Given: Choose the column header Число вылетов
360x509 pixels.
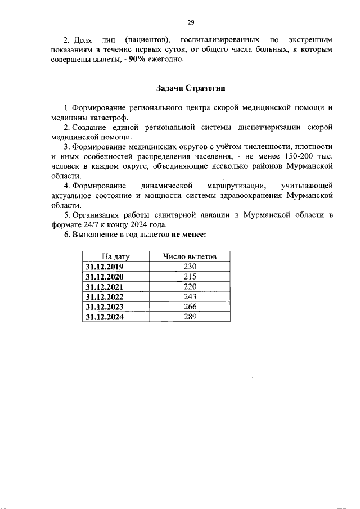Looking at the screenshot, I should click(x=189, y=257).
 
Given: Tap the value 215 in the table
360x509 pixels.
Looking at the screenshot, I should click(x=190, y=277).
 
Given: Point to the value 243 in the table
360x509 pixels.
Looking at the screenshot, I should click(x=190, y=296).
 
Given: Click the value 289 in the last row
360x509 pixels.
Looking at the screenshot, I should click(x=190, y=317).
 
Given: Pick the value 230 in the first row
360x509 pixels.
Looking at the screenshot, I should click(x=190, y=267).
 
